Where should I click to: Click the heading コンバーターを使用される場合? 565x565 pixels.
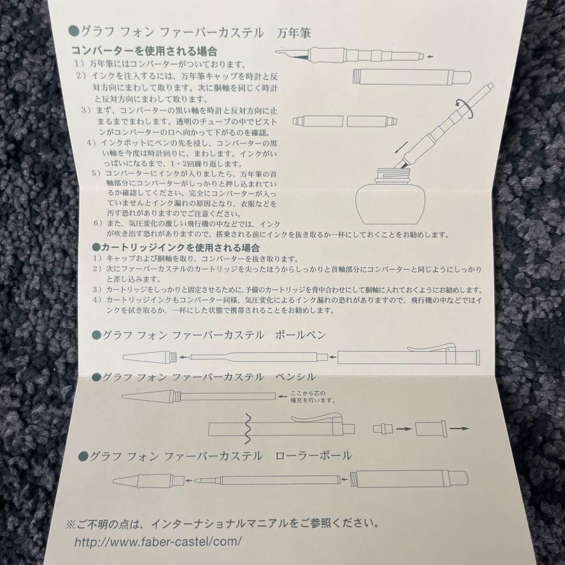coord(144,52)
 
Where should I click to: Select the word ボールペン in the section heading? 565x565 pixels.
coord(303,334)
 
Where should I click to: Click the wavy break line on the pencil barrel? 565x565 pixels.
coord(247,427)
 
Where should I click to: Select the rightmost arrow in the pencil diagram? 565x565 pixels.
coord(459,428)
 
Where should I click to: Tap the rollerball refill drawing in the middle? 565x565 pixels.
coord(267,479)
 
